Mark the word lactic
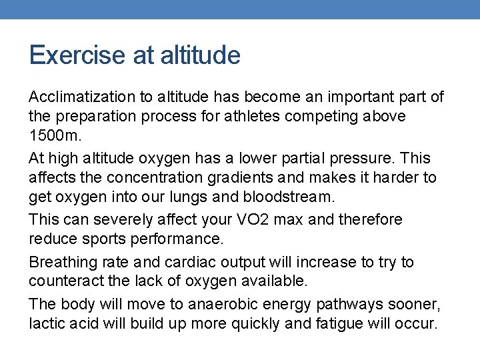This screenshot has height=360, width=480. [46, 324]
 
